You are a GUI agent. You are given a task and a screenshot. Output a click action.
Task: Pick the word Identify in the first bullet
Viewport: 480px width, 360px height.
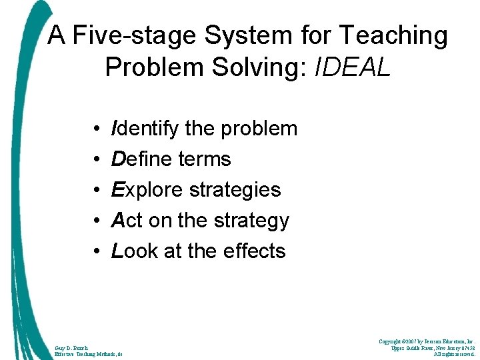145,128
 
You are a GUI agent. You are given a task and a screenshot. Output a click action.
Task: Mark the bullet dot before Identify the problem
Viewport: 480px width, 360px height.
97,128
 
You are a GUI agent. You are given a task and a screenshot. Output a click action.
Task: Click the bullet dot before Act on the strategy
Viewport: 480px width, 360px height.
97,220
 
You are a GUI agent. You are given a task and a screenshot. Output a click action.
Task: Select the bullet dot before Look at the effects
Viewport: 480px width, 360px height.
97,251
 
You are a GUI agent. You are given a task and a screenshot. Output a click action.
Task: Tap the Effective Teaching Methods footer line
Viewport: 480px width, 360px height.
89,355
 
